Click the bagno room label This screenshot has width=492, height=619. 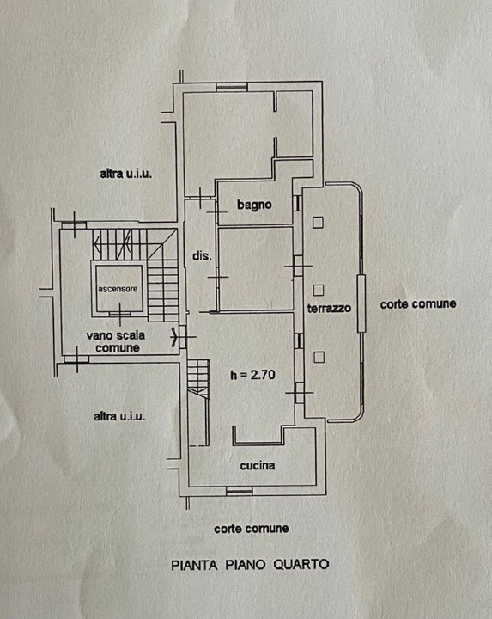[254, 205]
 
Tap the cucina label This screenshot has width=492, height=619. [258, 466]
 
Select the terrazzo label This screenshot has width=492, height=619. [329, 308]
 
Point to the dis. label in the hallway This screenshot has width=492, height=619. [202, 256]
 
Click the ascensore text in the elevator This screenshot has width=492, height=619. [118, 289]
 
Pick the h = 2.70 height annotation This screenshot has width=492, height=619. [252, 375]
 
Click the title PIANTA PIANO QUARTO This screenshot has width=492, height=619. [250, 565]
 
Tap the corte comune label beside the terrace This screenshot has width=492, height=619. [418, 303]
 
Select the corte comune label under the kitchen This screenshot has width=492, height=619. [252, 528]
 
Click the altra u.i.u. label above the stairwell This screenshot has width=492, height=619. [125, 174]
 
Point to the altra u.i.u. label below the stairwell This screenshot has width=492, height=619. [119, 416]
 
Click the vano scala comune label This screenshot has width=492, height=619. [116, 341]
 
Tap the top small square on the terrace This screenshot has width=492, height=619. [319, 223]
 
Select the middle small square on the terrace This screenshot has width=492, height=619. [319, 291]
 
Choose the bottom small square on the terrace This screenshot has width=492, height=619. [319, 358]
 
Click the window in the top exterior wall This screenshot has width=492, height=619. [232, 87]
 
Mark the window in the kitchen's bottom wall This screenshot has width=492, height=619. [240, 491]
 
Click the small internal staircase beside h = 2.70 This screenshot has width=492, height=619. [198, 379]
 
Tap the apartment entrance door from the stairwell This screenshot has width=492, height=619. [183, 337]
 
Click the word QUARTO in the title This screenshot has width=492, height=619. [301, 565]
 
